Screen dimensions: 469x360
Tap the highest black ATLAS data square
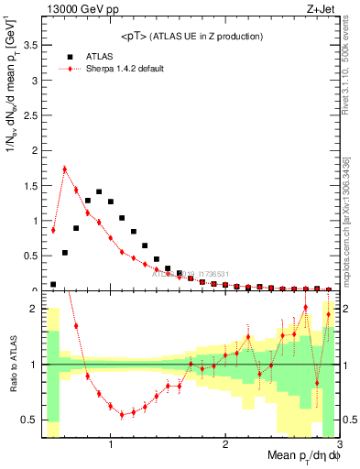99,192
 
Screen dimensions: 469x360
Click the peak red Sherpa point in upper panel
64,169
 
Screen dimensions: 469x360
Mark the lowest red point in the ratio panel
122,414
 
